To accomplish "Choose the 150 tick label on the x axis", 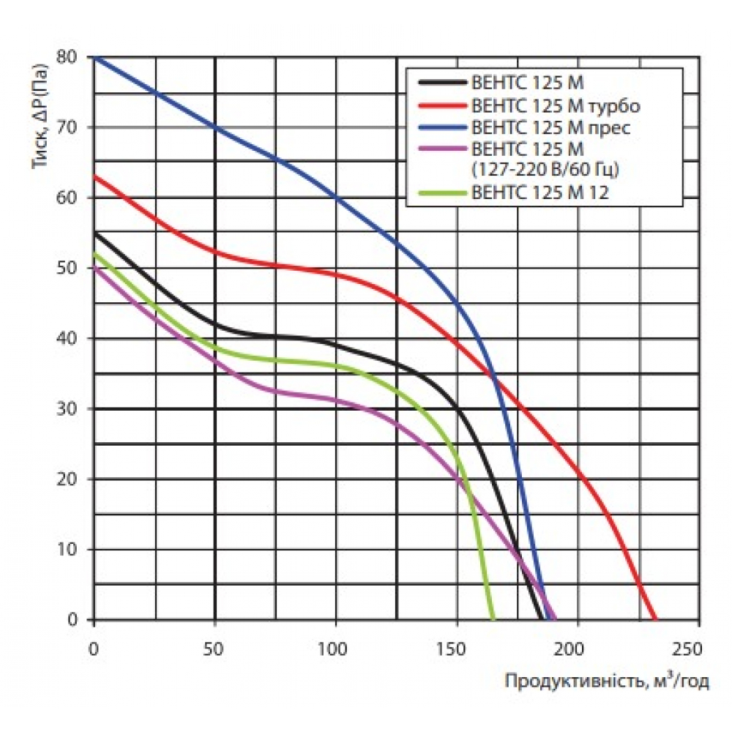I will [457, 649].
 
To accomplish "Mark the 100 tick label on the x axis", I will [336, 649].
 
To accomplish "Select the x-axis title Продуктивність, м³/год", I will [606, 682].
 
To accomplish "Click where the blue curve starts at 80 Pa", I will [94, 57].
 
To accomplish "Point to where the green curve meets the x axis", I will [493, 619].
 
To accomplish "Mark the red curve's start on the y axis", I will [94, 176].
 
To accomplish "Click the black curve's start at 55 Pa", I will [94, 233].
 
